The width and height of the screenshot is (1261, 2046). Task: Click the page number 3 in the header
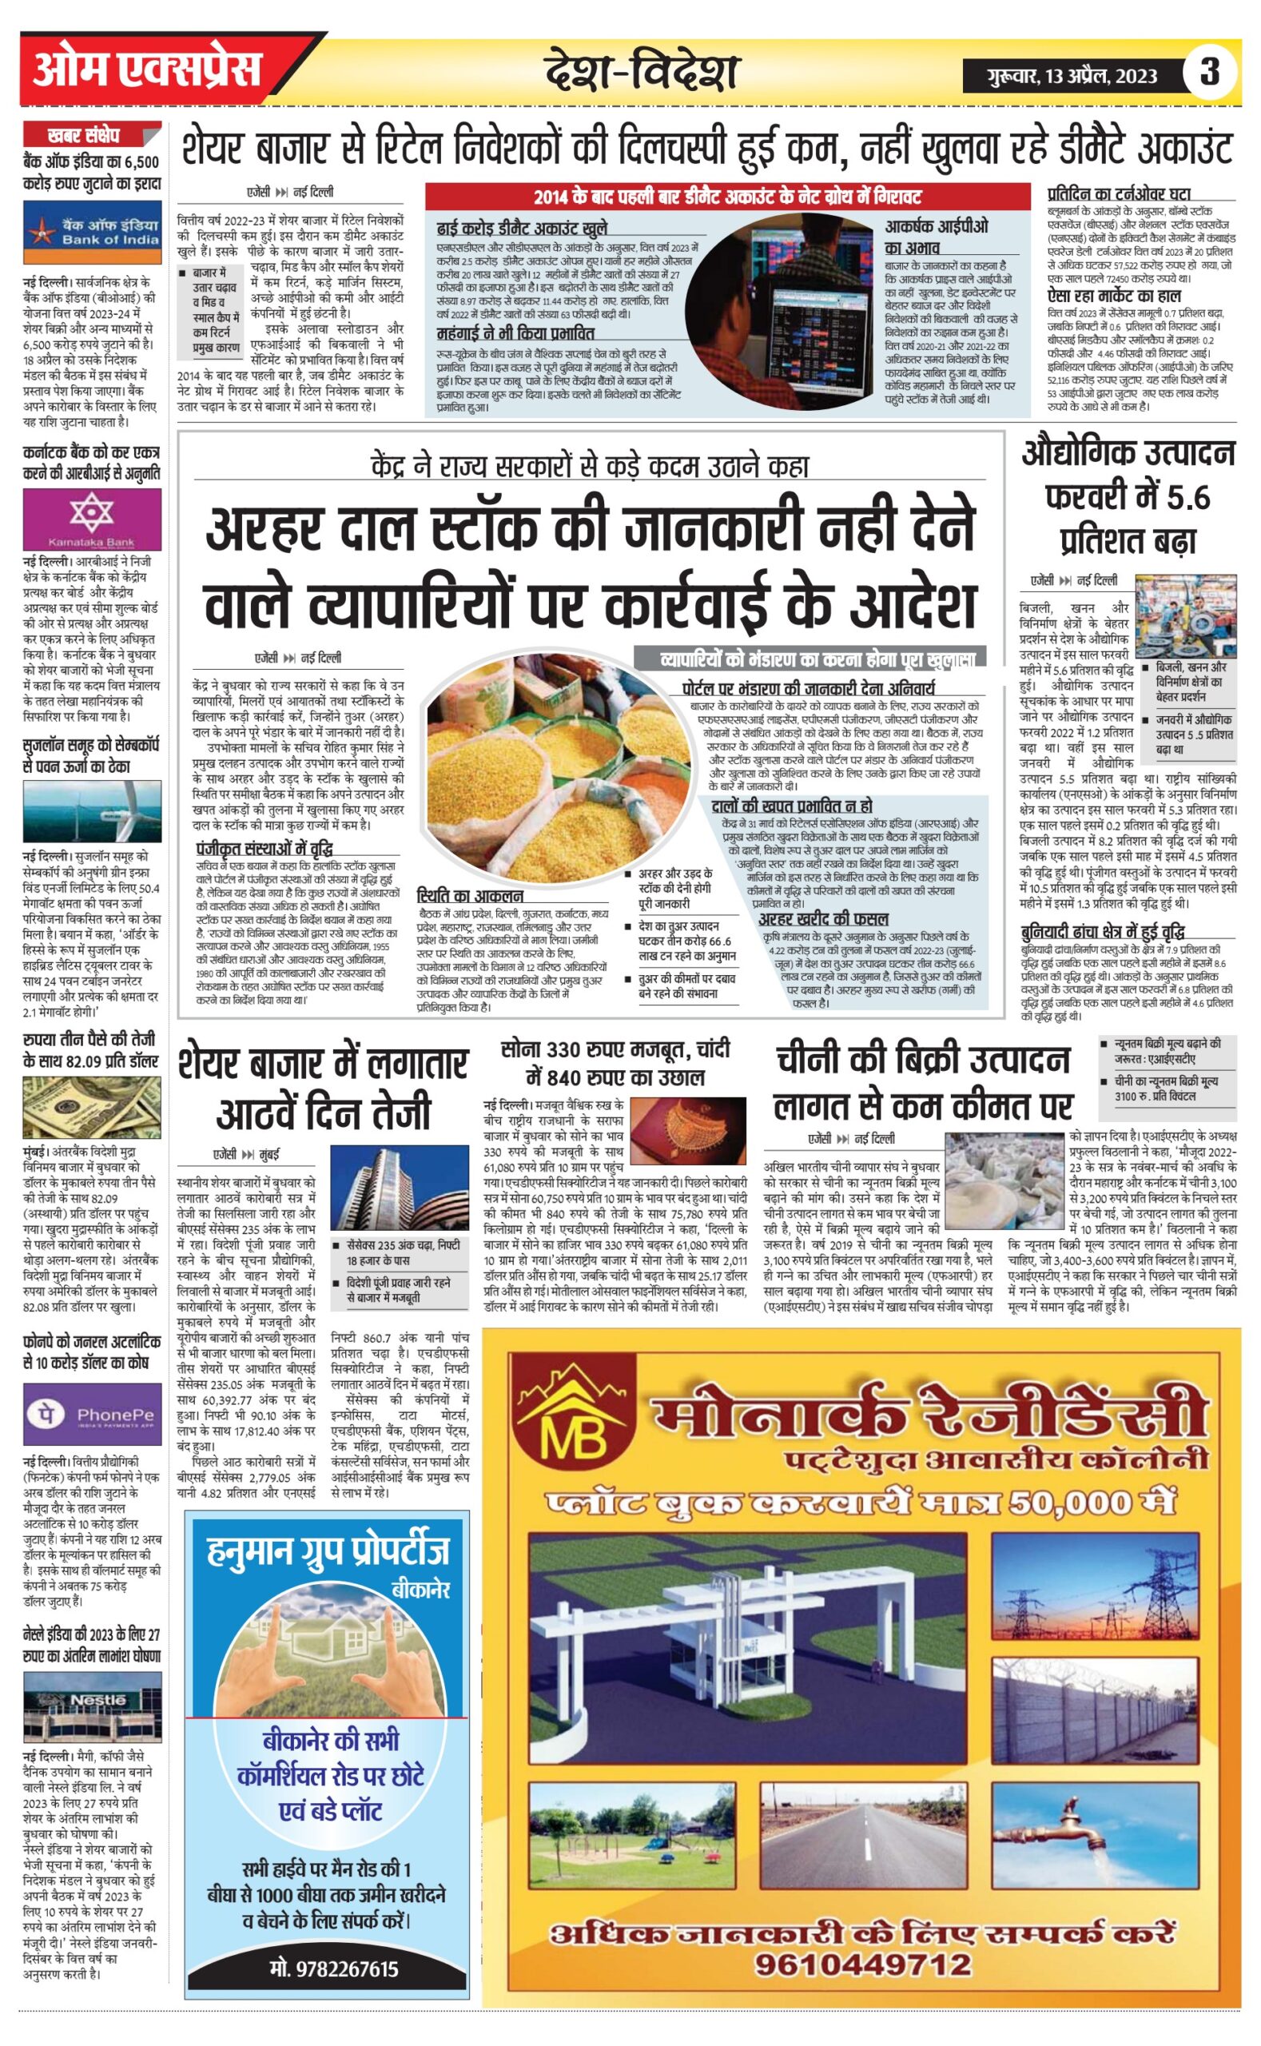(1209, 73)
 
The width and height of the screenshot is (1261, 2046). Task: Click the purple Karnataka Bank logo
(92, 518)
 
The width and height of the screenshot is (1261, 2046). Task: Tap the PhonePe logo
(92, 1413)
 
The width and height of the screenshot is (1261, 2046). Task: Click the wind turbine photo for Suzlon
(92, 814)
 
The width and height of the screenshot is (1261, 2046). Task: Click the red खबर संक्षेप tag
(83, 135)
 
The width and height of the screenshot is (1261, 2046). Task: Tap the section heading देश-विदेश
(642, 72)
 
